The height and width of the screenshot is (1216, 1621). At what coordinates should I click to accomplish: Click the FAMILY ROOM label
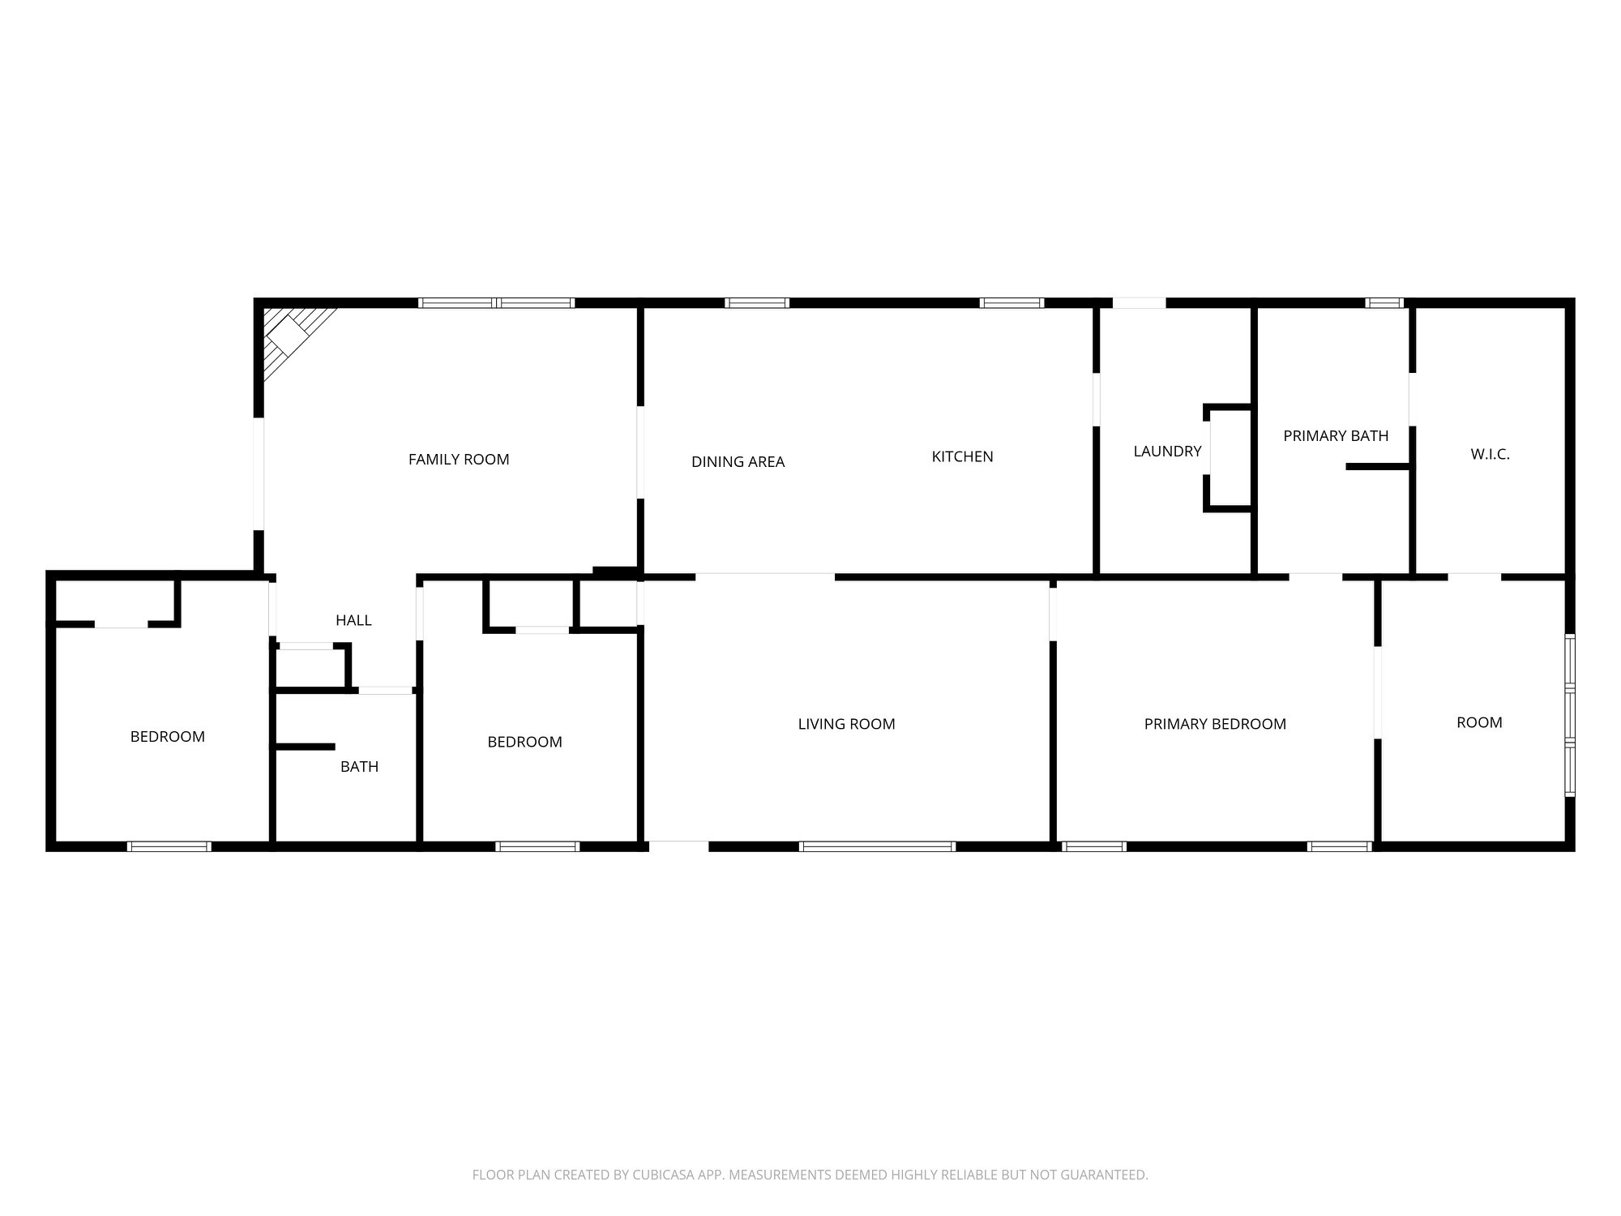click(459, 460)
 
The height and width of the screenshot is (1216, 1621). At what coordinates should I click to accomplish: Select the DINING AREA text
click(738, 462)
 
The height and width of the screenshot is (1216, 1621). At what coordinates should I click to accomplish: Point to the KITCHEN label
click(962, 456)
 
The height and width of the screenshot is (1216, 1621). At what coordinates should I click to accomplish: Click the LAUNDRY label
click(1167, 452)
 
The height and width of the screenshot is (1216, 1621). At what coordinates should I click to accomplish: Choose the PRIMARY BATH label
click(1336, 436)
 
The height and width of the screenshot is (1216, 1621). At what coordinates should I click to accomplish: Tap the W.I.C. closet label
click(1490, 455)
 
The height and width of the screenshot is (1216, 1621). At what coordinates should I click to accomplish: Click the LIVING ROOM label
click(846, 724)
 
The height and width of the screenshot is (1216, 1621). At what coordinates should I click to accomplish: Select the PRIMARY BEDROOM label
click(1215, 724)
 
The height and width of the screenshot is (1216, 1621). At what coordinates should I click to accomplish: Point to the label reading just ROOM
click(1479, 722)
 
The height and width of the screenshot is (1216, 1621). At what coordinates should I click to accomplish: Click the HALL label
click(353, 620)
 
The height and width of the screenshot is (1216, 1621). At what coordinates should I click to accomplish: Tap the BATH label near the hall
click(359, 767)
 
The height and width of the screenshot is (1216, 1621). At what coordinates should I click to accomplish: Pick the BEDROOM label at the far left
click(168, 737)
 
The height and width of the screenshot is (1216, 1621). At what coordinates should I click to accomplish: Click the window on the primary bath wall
click(1384, 303)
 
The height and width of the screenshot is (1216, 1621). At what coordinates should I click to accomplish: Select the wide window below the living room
click(877, 846)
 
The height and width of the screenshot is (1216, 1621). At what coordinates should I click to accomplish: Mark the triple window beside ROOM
click(1569, 715)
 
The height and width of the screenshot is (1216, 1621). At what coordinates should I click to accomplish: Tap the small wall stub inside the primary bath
click(1377, 466)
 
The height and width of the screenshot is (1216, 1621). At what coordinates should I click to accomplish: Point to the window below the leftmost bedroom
click(169, 846)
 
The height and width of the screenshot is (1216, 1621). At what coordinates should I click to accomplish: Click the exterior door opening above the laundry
click(1139, 303)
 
